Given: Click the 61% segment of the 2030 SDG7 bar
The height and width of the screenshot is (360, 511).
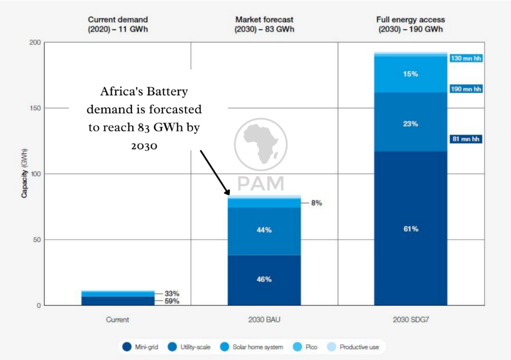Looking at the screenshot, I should pyautogui.click(x=411, y=229).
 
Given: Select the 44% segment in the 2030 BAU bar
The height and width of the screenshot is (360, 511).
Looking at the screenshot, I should pyautogui.click(x=264, y=230).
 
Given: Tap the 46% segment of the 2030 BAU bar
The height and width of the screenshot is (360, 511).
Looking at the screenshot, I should pyautogui.click(x=264, y=279).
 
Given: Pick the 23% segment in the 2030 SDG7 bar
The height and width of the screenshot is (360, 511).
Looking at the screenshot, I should pyautogui.click(x=411, y=124).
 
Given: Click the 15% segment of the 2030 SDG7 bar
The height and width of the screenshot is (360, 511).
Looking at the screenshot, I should pyautogui.click(x=411, y=74).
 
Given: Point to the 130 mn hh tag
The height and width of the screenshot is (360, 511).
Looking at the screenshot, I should pyautogui.click(x=466, y=58).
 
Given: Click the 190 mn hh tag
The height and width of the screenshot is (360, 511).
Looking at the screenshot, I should pyautogui.click(x=466, y=89).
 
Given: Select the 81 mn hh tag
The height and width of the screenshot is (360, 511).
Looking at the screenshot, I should pyautogui.click(x=466, y=139).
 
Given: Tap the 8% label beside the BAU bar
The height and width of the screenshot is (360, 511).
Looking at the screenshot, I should pyautogui.click(x=316, y=203).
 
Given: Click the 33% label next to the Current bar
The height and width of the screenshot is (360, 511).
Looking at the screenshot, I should pyautogui.click(x=172, y=294).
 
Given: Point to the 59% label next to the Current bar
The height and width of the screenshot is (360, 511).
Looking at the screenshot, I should pyautogui.click(x=172, y=301).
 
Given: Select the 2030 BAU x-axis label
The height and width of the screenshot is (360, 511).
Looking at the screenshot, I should pyautogui.click(x=264, y=320).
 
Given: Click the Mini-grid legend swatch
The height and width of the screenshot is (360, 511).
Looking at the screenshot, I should pyautogui.click(x=127, y=347).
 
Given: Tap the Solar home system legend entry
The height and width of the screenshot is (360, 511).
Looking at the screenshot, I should pyautogui.click(x=254, y=347).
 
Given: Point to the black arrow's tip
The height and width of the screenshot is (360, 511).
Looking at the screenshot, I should pyautogui.click(x=230, y=195).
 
